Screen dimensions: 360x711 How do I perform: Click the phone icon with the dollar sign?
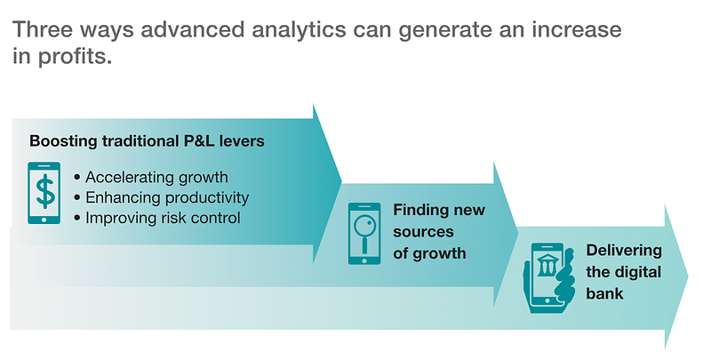pos(44,193)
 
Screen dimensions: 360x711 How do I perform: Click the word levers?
pos(243,140)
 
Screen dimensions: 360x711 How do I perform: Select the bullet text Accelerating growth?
pos(156,177)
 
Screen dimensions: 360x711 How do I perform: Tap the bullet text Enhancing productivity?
pos(167,197)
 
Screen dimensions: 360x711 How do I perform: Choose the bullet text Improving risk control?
pos(163,218)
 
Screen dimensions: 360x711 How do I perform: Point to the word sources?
pos(424,232)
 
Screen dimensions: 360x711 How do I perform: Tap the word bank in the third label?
pos(605,293)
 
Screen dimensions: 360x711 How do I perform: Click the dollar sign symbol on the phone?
pos(44,191)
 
